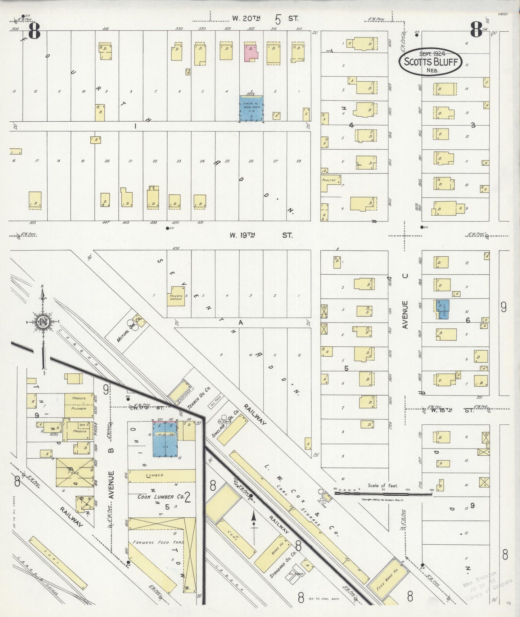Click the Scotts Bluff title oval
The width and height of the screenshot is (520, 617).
click(x=430, y=62)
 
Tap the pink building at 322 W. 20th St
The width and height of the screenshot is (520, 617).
click(x=251, y=51)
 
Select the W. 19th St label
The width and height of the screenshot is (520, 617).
click(x=261, y=235)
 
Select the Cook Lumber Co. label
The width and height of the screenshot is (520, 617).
click(x=161, y=497)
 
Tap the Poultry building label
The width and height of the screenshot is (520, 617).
click(x=329, y=180)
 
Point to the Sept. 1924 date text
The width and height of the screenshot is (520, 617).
click(x=431, y=53)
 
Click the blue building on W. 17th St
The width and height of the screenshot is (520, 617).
click(x=165, y=440)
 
